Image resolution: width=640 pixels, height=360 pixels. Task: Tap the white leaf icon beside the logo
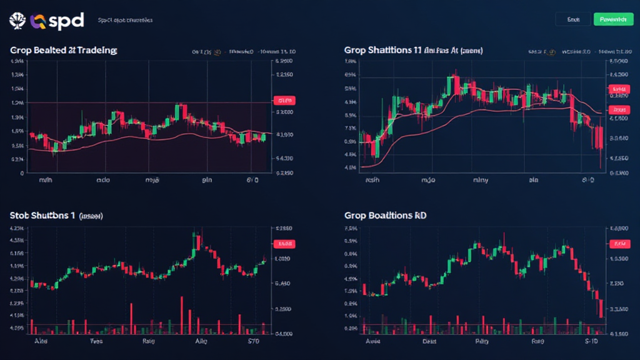[17, 21]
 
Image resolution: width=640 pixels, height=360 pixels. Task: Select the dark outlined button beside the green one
[572, 20]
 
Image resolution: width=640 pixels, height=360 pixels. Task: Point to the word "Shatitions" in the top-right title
[391, 50]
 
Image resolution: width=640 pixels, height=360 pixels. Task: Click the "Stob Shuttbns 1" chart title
[42, 216]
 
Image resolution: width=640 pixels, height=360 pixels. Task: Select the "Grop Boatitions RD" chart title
[382, 216]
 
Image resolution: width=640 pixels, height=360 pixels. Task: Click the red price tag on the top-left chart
[284, 100]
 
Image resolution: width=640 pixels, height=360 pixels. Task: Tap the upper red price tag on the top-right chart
[619, 89]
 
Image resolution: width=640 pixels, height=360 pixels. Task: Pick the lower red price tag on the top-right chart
[619, 110]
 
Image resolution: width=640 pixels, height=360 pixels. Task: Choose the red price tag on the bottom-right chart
[619, 244]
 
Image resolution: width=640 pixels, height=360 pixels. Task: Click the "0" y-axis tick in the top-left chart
[22, 173]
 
